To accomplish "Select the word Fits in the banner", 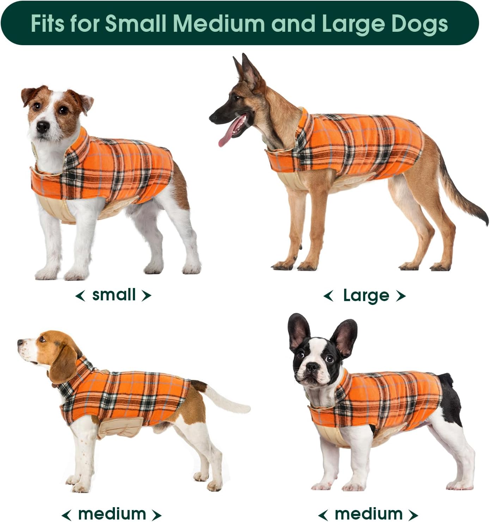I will (x=48, y=23).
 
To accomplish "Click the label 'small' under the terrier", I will (x=114, y=295).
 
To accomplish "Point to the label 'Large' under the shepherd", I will (x=366, y=295).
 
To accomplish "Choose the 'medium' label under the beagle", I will (x=112, y=514).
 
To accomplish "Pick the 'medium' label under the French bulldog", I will (x=368, y=514).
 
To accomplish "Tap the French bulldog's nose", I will (x=311, y=367).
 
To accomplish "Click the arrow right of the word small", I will (x=146, y=295).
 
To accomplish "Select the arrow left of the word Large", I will (x=328, y=296).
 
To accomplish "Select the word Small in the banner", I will (x=136, y=23).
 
